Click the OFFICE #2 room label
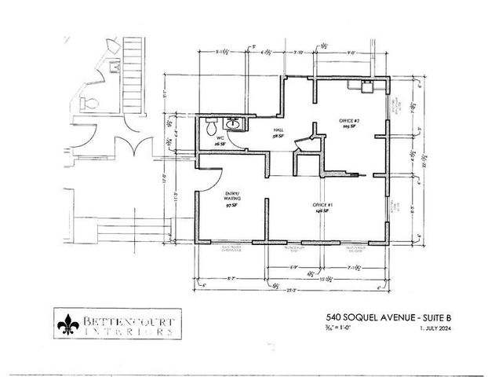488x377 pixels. click(x=349, y=121)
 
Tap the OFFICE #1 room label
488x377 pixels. click(x=321, y=203)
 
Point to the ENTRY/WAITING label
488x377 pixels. click(x=233, y=197)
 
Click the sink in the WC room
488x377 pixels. click(x=234, y=123)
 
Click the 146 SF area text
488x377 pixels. click(x=321, y=210)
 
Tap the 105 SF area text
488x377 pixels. click(x=349, y=128)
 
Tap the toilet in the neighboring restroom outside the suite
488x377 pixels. click(x=90, y=101)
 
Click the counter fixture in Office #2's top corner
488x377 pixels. click(x=366, y=86)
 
